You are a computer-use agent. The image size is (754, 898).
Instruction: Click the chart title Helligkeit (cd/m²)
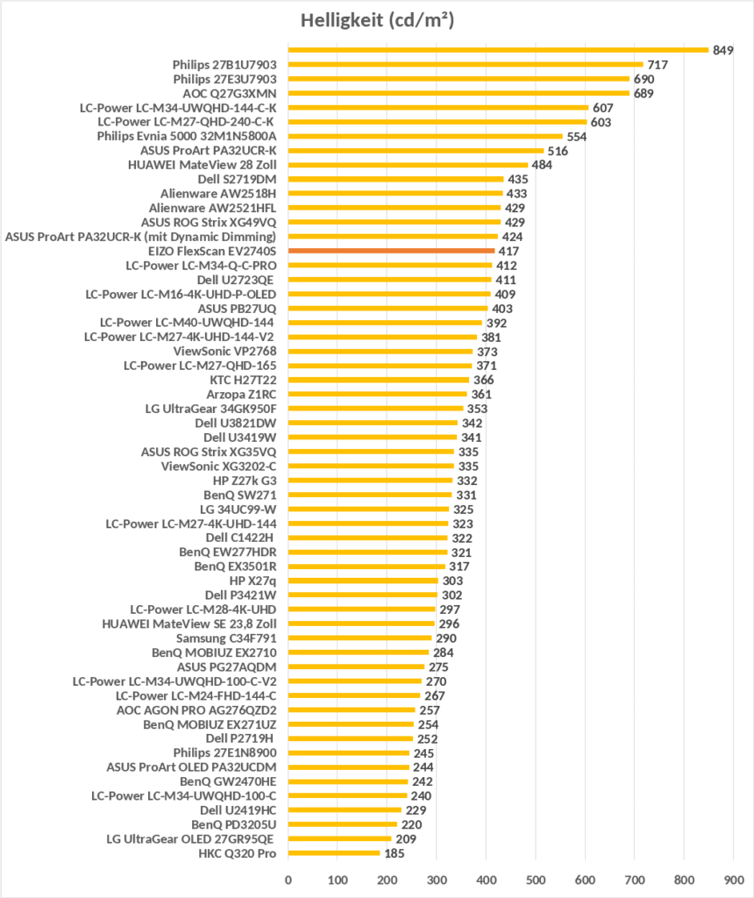(377, 20)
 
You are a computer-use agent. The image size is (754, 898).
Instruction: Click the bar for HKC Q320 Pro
(334, 853)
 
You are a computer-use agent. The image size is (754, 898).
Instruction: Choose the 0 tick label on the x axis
(288, 877)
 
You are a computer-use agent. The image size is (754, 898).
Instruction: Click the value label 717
(658, 64)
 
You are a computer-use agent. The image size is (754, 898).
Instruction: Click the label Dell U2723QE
(237, 280)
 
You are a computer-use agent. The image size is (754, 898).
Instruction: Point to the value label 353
(477, 409)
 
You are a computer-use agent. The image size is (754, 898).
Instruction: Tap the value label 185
(395, 853)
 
